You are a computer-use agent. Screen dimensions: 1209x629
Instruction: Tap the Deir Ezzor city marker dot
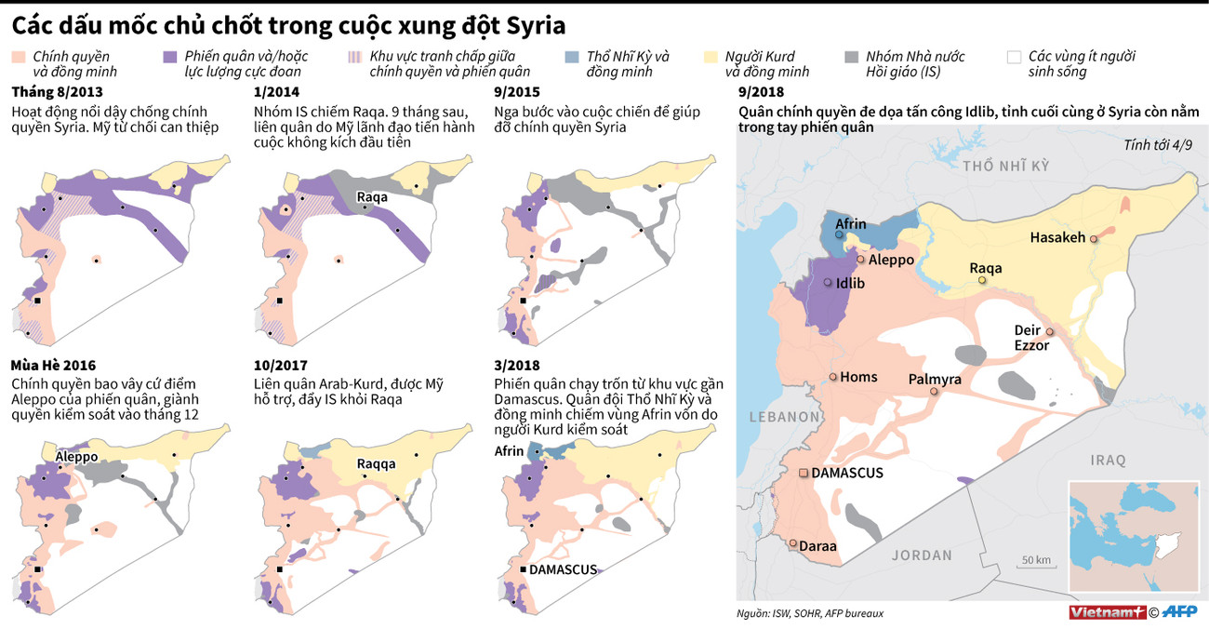point(1049,332)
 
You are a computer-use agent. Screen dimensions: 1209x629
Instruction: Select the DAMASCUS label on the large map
point(847,473)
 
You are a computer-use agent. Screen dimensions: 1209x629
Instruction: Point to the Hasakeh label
point(1057,237)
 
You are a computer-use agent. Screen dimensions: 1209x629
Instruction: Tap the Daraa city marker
point(792,543)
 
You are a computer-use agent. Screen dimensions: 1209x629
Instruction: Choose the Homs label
point(858,377)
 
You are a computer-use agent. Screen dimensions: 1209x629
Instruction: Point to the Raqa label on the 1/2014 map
point(372,197)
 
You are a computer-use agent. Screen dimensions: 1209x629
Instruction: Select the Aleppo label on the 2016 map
point(77,457)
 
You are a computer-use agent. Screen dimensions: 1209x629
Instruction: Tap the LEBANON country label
point(776,417)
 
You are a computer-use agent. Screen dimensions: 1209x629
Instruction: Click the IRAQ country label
point(1109,460)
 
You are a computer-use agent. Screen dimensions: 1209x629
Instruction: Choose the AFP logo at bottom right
point(1180,611)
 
